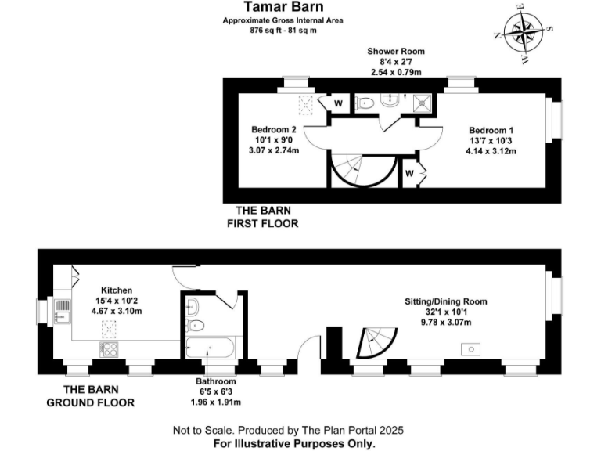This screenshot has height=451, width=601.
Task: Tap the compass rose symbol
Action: click(x=524, y=32)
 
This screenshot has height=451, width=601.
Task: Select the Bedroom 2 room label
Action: click(x=273, y=130)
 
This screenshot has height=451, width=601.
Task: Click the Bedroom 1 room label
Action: click(x=491, y=130)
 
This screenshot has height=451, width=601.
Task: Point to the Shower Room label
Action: click(x=396, y=52)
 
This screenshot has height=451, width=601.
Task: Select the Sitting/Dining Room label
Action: click(x=445, y=301)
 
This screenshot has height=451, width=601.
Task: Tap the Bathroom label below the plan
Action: click(x=216, y=381)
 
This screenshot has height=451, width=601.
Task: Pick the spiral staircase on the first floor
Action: click(x=354, y=168)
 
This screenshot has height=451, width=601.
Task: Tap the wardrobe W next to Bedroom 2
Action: click(x=339, y=103)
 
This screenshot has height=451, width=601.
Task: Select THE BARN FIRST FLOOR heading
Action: click(x=263, y=217)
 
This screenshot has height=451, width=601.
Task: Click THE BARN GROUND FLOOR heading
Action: click(x=91, y=396)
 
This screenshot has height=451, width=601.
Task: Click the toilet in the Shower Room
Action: click(x=365, y=103)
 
